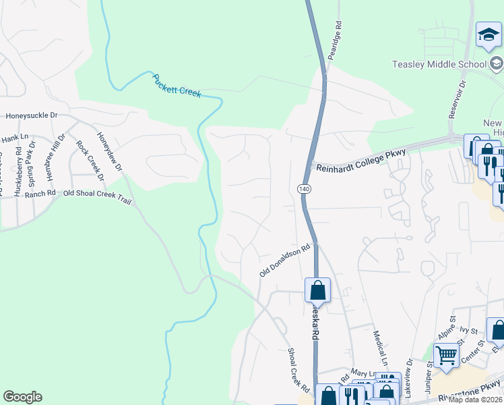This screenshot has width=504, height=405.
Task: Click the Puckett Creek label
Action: click(177, 86)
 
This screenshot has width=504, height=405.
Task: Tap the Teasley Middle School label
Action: click(439, 64)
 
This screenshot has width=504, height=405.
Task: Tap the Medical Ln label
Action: click(379, 344)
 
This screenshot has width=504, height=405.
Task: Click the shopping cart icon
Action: click(446, 355)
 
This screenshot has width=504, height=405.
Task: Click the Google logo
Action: click(22, 396)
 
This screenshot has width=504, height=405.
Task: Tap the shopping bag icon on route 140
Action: click(318, 290)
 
